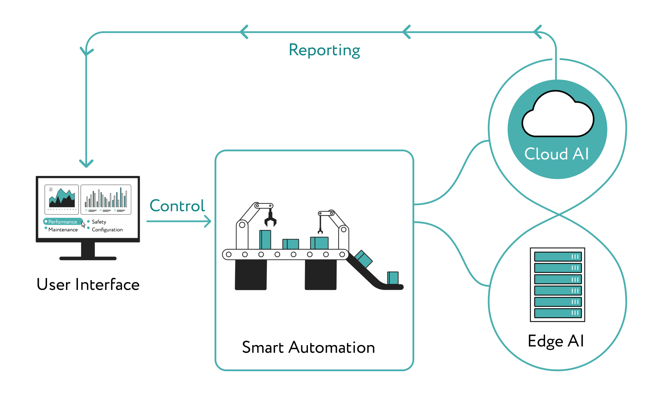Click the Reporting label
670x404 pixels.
[324, 50]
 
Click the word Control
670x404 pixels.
[177, 206]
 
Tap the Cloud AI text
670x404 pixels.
[557, 154]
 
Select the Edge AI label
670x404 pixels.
[556, 341]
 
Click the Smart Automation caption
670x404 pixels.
[308, 347]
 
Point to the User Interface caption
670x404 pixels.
[88, 285]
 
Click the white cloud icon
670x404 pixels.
[558, 116]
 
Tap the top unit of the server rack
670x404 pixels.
[558, 256]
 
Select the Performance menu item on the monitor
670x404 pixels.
[62, 222]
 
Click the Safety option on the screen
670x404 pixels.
[99, 222]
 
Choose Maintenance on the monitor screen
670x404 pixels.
[63, 230]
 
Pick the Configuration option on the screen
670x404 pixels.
[107, 230]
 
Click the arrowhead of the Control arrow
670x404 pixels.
[208, 221]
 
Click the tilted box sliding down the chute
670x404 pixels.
[364, 259]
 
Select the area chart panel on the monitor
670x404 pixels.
[62, 199]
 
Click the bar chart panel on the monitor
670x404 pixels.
[106, 199]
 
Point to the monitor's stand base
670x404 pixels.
[88, 258]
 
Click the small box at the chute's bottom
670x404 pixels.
[393, 278]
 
